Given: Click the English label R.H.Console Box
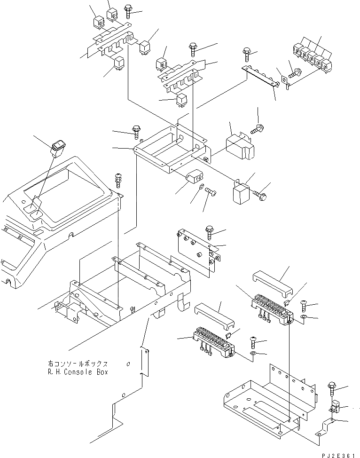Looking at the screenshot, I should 78,372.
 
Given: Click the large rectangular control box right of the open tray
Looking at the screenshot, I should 240,144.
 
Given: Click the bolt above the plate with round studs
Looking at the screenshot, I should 209,231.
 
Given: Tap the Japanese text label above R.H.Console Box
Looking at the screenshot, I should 78,363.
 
